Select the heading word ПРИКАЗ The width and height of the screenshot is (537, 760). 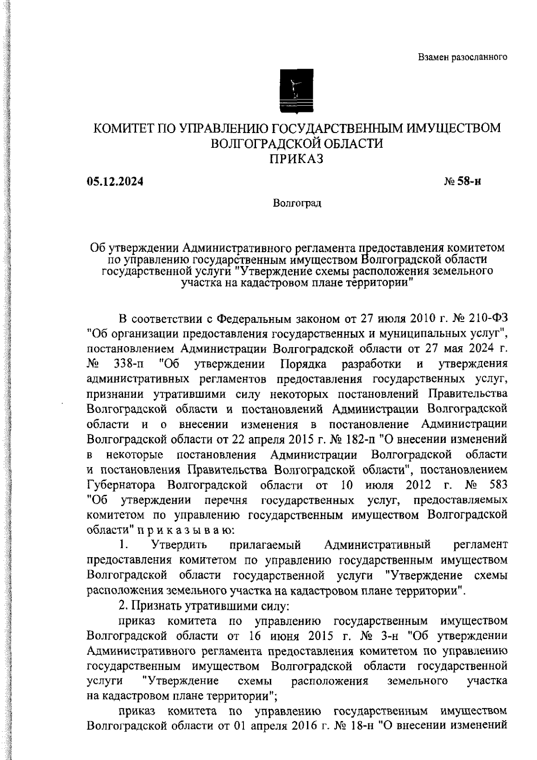296,159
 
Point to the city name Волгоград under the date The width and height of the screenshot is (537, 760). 297,203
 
